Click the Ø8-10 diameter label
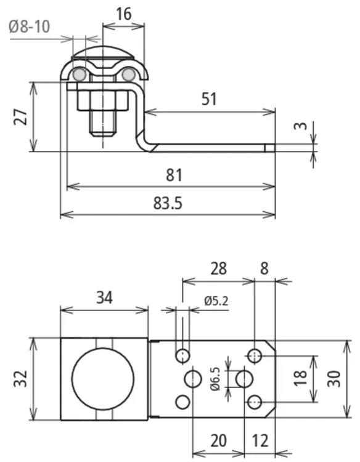pyautogui.click(x=29, y=26)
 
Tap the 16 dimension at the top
pyautogui.click(x=123, y=14)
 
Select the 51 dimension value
pyautogui.click(x=209, y=99)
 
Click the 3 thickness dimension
pyautogui.click(x=300, y=126)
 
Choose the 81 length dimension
pyautogui.click(x=174, y=175)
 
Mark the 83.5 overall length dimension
pyautogui.click(x=168, y=203)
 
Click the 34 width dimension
pyautogui.click(x=104, y=298)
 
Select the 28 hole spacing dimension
pyautogui.click(x=218, y=269)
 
